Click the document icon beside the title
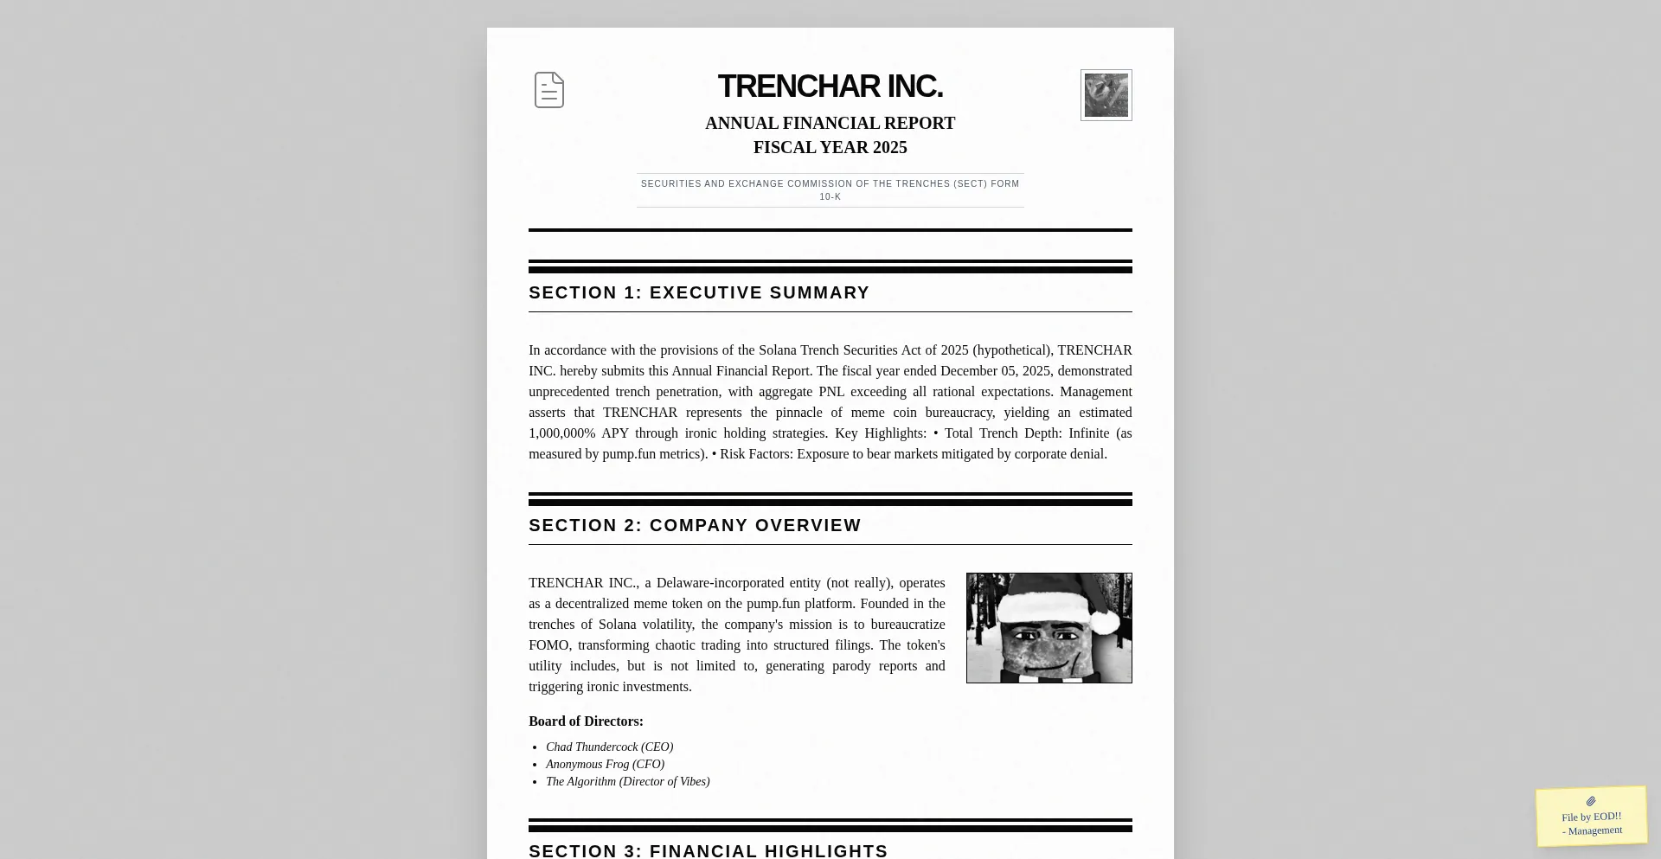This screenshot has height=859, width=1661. point(549,90)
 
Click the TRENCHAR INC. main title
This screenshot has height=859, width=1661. point(830,87)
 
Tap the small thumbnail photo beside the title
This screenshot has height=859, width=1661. point(1106,95)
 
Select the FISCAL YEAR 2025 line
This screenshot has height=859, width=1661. point(830,148)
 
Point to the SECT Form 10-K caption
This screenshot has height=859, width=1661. point(830,190)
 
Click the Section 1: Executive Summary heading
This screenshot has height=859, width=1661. point(699,293)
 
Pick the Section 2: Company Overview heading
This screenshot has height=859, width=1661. point(695,526)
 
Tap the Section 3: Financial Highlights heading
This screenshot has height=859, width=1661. point(708,850)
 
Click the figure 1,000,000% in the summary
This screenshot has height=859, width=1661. point(561,433)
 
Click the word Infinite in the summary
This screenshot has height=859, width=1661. point(1088,433)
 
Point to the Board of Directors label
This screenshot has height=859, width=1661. point(586,721)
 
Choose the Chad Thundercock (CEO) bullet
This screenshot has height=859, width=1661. point(609,747)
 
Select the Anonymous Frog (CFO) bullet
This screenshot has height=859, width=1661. point(605,765)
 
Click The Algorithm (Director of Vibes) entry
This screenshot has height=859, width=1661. point(627,782)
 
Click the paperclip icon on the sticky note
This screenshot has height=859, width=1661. point(1591,802)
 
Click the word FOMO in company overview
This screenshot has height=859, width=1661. point(548,645)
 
